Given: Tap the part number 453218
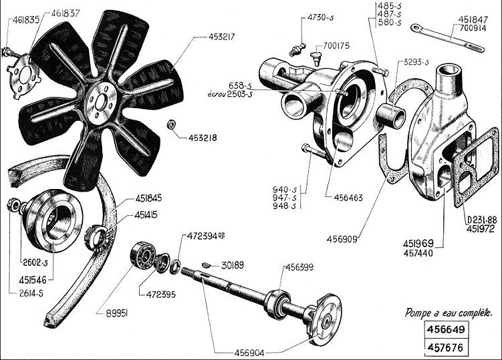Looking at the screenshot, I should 203,138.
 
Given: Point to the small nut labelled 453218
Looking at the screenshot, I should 171,124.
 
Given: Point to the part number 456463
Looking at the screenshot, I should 342,198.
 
